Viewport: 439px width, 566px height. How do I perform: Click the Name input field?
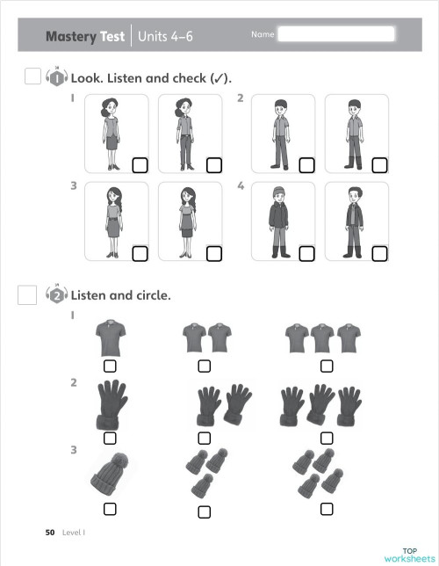pos(335,35)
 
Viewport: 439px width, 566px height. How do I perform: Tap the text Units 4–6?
pos(168,37)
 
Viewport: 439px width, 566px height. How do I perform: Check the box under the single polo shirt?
pos(110,366)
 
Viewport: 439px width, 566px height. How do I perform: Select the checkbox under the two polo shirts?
pos(204,366)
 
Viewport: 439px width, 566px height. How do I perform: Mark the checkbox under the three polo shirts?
pos(327,366)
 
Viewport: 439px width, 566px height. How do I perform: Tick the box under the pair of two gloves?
pos(204,438)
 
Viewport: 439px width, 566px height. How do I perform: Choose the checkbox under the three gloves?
pos(327,438)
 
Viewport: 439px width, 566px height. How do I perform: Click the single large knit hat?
pos(110,475)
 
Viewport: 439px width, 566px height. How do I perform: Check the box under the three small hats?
pos(204,512)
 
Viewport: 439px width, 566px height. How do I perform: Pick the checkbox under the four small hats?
pos(327,509)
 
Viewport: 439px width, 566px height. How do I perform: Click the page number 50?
pos(50,533)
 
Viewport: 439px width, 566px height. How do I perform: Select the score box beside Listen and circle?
pos(27,295)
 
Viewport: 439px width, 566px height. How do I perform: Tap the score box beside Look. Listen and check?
pos(32,76)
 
